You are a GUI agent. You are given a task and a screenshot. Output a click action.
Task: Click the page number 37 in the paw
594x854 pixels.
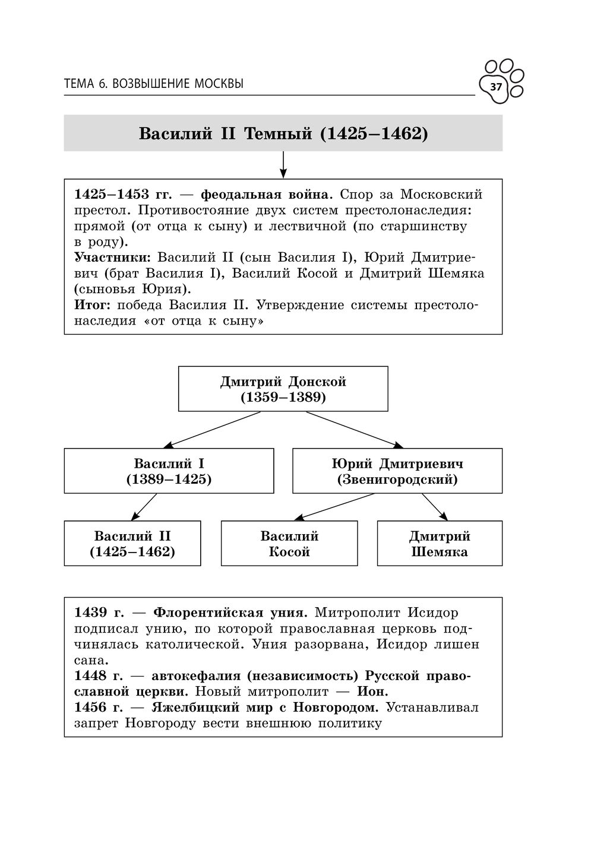496,88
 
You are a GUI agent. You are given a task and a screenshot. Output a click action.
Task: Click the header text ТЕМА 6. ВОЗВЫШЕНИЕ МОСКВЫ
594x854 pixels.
153,84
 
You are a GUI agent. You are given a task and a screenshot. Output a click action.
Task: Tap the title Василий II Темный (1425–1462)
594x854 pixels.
283,134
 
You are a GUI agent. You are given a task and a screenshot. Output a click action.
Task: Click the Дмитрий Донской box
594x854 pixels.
283,389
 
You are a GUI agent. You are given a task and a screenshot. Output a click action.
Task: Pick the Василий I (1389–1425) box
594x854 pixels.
169,471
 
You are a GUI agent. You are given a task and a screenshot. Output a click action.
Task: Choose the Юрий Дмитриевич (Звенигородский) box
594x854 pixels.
397,471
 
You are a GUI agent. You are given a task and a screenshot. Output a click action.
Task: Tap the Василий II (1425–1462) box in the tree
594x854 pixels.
132,543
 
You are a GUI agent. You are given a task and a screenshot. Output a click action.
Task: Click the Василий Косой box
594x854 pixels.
289,543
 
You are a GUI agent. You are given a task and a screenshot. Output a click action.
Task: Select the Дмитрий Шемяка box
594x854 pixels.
440,543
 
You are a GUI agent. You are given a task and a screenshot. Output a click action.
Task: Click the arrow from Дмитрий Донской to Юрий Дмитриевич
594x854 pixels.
355,429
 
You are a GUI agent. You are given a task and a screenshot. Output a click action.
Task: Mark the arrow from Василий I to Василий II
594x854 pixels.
144,507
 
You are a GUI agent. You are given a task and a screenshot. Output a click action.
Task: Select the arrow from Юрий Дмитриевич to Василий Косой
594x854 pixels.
335,507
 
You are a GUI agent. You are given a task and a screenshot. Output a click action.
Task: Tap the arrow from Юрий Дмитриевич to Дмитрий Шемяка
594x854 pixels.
435,507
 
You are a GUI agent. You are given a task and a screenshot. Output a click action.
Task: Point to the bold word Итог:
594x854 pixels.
93,305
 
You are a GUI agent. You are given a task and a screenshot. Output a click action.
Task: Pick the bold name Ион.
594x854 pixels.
372,691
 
